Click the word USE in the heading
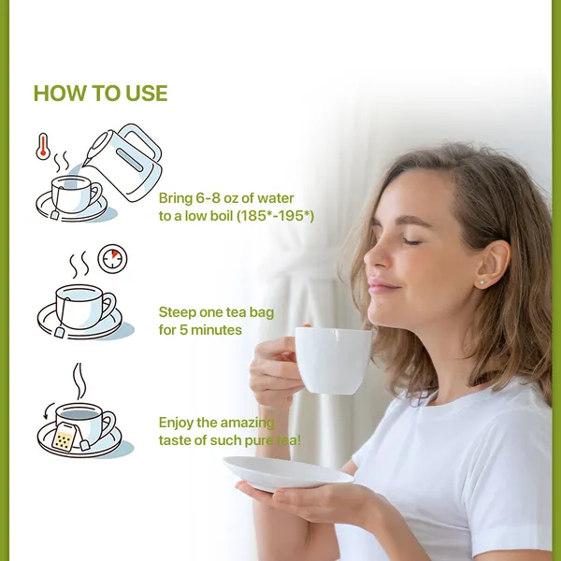[147, 93]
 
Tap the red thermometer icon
[43, 147]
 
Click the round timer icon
[112, 259]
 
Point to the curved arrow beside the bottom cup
[49, 410]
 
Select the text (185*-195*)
[276, 216]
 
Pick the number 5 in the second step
[183, 330]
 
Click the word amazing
[247, 423]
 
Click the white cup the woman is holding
[333, 361]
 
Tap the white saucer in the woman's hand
[288, 473]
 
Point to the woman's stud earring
[482, 282]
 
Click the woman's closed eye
[411, 242]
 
